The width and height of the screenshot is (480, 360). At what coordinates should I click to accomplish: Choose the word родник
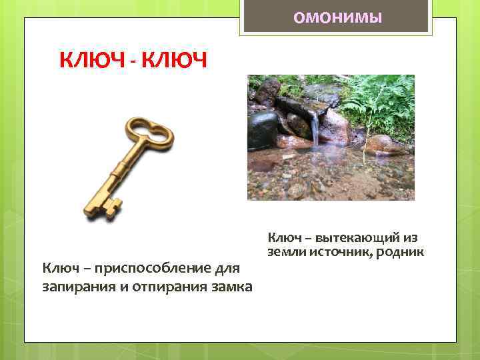point(401,252)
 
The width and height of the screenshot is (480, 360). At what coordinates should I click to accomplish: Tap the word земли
point(284,252)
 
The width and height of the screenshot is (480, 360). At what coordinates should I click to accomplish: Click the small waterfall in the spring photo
point(314,129)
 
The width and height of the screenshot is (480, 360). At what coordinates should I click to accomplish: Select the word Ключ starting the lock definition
point(59,268)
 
